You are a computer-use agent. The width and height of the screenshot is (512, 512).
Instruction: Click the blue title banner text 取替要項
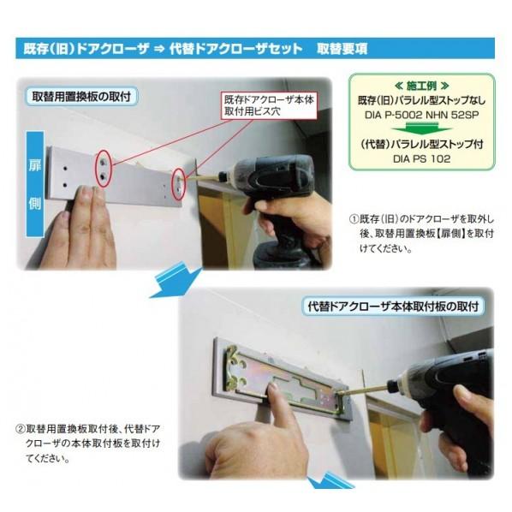coord(342,49)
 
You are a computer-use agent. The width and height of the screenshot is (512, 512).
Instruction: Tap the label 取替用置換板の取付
coord(81,97)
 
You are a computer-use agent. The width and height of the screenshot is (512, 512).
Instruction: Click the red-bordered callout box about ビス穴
coord(270,105)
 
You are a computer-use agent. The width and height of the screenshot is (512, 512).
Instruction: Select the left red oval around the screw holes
coord(104,168)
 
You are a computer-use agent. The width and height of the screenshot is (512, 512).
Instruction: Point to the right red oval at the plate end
coord(179,184)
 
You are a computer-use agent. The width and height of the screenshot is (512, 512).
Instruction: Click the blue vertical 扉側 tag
coord(35,184)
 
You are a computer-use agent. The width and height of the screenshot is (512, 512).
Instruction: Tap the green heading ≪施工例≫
coord(421,86)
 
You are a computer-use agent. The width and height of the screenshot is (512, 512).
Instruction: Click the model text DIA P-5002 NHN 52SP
coord(421,115)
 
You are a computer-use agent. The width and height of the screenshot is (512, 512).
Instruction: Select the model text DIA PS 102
coord(421,159)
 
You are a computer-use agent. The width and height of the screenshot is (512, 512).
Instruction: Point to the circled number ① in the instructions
coord(354,219)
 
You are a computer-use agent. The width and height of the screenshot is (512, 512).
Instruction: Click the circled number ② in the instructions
coord(21,429)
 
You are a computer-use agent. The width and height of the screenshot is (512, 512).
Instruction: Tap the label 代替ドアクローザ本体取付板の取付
coord(393,307)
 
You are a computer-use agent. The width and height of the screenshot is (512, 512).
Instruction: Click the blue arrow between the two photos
coord(175,282)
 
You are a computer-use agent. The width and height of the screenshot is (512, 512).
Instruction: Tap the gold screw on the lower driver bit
coord(362,390)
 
